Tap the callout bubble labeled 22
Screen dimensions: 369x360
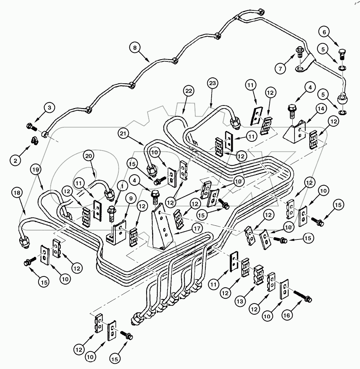pos(189,91)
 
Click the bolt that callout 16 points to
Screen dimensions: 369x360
pos(303,297)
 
